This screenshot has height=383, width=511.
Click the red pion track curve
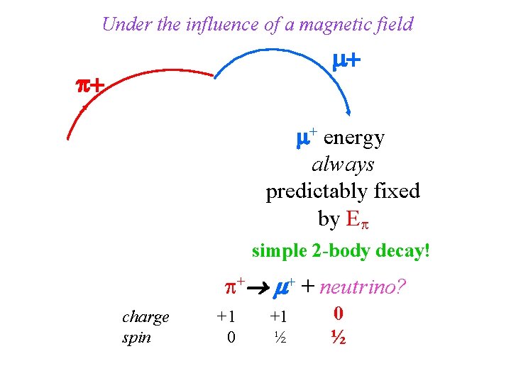coord(135,85)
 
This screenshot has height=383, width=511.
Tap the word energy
coord(353,138)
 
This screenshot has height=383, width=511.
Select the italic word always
coord(343,165)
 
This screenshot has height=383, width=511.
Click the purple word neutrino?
coord(363,287)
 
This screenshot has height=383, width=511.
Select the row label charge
coord(145,316)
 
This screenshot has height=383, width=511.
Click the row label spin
coord(136,337)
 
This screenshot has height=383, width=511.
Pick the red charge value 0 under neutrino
coord(339,313)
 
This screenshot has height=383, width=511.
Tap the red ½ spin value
coord(338,338)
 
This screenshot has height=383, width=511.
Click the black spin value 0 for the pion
coord(231,338)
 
